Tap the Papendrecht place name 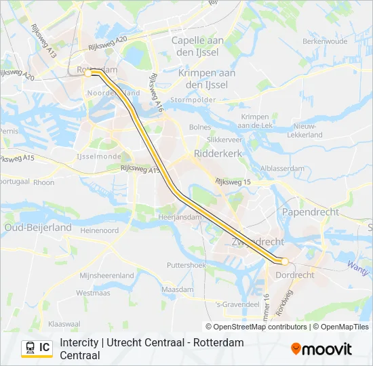(310, 212)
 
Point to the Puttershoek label (186, 266)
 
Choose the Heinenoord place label (99, 230)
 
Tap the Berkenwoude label (326, 41)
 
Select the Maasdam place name (178, 289)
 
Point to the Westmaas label (93, 293)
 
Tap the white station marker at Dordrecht (285, 261)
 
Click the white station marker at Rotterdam (88, 73)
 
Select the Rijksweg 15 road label (233, 182)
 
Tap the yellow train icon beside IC (30, 348)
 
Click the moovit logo (321, 349)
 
